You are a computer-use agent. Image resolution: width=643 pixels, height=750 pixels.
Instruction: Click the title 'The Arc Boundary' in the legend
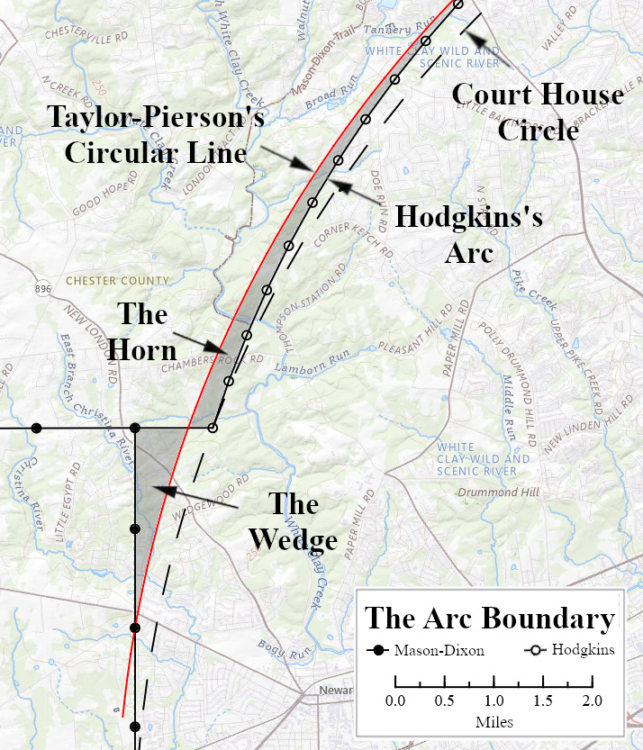click(x=490, y=619)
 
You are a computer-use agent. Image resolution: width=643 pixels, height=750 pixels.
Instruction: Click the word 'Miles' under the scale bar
click(x=493, y=722)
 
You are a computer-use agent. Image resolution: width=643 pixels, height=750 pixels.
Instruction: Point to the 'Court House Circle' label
click(x=538, y=112)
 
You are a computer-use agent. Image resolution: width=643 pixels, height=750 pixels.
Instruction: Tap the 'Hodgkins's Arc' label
click(x=469, y=234)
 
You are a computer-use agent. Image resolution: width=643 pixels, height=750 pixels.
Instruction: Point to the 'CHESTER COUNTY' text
click(x=104, y=280)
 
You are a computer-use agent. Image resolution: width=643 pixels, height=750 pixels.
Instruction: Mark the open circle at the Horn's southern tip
click(x=213, y=428)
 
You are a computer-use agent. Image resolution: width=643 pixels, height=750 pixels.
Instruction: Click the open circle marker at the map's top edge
click(x=457, y=5)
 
